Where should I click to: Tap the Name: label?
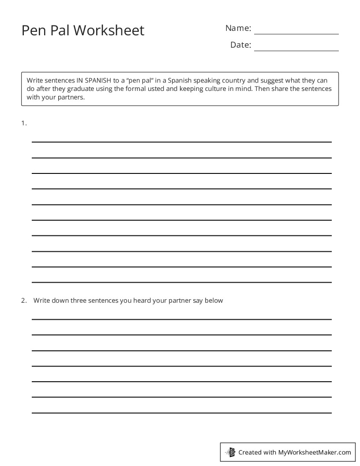click(238, 28)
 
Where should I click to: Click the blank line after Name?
click(296, 31)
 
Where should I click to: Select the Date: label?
click(240, 45)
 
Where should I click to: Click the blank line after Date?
click(296, 48)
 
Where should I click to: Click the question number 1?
click(24, 124)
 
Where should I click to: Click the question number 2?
click(24, 301)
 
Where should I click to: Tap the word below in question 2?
click(214, 301)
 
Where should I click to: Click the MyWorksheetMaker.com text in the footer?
click(315, 452)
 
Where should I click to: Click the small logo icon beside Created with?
click(230, 452)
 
